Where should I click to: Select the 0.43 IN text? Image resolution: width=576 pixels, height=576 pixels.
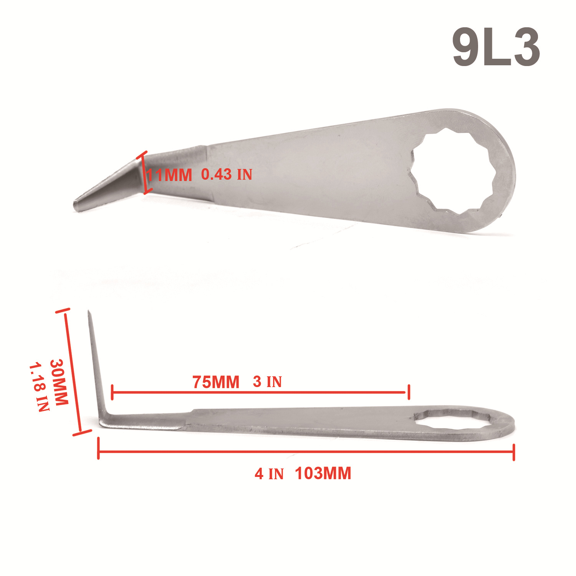click(227, 175)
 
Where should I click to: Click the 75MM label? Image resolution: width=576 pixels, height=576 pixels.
click(216, 382)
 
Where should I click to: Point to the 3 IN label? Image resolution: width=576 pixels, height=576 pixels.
click(267, 382)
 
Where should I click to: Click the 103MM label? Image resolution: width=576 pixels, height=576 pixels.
click(323, 473)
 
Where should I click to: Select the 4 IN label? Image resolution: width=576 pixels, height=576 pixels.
click(269, 474)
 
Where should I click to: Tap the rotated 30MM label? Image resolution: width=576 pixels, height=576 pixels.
click(59, 382)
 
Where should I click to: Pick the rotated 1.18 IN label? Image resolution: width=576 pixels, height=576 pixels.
click(39, 387)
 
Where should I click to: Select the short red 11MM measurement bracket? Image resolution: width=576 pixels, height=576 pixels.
click(145, 173)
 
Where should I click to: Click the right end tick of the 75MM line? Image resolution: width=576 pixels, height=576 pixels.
click(409, 392)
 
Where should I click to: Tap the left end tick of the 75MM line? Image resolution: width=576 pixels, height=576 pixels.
click(112, 392)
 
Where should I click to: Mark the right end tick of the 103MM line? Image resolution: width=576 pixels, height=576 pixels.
click(514, 452)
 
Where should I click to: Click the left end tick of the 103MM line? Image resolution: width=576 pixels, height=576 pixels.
click(99, 449)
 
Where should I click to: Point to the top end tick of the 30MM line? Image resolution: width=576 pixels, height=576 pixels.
click(63, 311)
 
